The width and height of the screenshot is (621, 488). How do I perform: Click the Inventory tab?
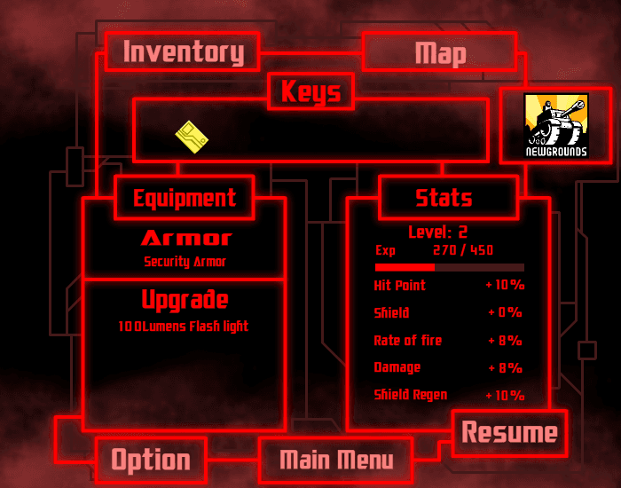tap(183, 51)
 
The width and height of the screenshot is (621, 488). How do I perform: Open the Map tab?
tap(440, 51)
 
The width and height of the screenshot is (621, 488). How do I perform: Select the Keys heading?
tap(310, 91)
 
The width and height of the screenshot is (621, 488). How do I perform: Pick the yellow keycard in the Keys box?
tap(192, 137)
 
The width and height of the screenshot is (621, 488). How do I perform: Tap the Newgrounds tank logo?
tap(556, 126)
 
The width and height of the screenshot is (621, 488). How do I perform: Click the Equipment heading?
tap(185, 198)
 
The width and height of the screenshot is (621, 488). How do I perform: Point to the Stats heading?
tap(444, 198)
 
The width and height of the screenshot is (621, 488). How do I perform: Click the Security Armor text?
tap(185, 262)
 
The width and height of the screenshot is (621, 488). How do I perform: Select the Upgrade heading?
tap(185, 300)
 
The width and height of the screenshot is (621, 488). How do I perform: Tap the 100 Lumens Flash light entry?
tap(184, 327)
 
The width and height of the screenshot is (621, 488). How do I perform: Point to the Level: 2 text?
tap(437, 232)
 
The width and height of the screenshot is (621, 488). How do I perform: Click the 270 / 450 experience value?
tap(463, 250)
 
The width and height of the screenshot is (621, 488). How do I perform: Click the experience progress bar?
tap(450, 267)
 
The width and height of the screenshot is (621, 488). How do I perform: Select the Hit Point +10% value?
tap(505, 285)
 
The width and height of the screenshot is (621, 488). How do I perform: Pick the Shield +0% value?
tap(505, 312)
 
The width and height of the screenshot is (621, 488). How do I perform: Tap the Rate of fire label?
tap(407, 340)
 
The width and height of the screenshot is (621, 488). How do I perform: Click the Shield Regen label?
tap(411, 395)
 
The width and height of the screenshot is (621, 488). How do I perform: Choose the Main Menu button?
tap(336, 460)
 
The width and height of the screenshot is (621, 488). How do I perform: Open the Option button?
tap(151, 460)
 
